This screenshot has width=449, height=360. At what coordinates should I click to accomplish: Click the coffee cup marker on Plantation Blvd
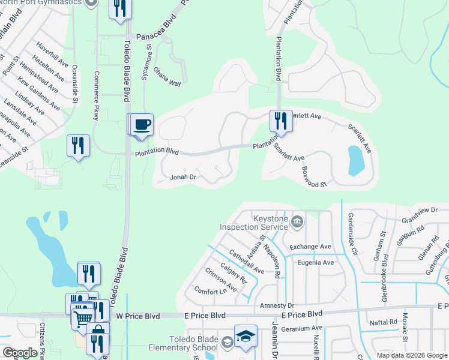pos(142,125)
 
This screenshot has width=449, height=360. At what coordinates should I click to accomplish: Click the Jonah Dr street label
pos(184,177)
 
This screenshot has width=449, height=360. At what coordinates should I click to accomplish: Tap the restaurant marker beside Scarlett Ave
pos(280,121)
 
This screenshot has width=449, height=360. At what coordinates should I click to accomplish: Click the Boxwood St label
pos(315,176)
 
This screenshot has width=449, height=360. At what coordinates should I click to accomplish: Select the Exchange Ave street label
pos(310,247)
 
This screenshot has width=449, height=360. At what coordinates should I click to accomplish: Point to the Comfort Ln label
pos(211,291)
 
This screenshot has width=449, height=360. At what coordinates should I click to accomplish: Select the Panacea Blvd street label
pos(157,35)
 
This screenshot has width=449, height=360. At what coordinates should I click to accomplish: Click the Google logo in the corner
pos(20,353)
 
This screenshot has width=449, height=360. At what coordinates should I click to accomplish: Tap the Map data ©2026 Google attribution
pos(412,355)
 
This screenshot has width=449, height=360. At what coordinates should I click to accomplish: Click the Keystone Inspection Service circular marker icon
pos(297,223)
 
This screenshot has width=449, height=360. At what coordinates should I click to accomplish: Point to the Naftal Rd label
pos(384,322)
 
